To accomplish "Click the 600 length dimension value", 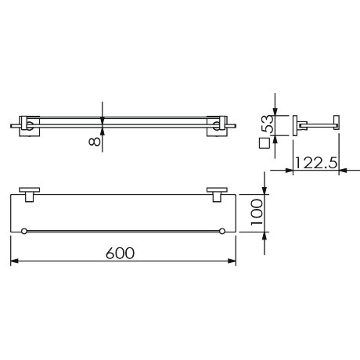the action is click(x=121, y=253).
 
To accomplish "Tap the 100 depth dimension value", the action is click(x=257, y=212).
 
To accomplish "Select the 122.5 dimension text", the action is click(x=316, y=163).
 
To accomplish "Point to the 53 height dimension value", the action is click(x=268, y=124).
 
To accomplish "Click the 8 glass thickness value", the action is click(x=95, y=142).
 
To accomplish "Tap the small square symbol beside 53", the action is click(x=265, y=143).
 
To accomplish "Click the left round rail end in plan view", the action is click(x=24, y=231).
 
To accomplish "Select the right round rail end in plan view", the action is click(x=222, y=231).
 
